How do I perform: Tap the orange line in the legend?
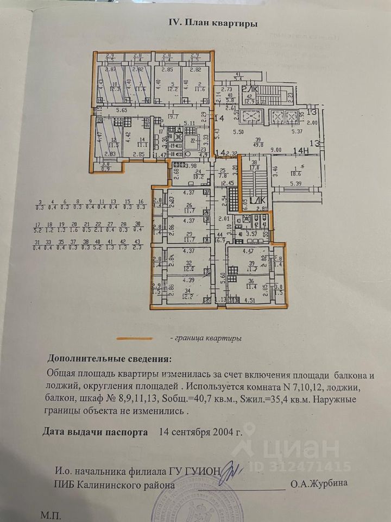pyautogui.click(x=137, y=338)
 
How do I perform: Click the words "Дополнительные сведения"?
pyautogui.click(x=109, y=359)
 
